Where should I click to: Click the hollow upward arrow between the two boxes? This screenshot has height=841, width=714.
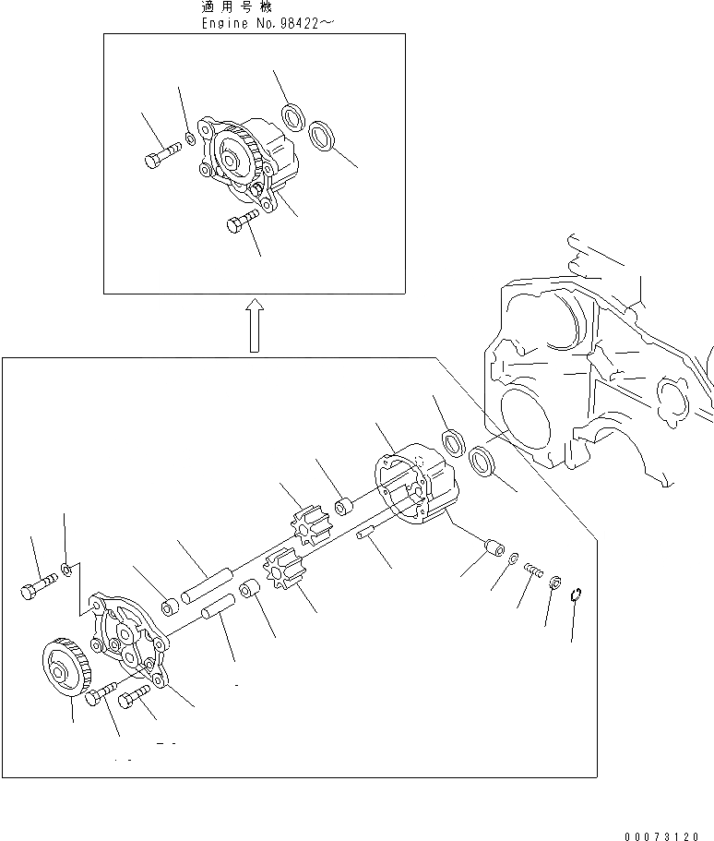(256, 325)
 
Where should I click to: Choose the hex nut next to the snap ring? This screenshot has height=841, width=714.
(555, 583)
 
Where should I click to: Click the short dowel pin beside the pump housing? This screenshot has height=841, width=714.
(364, 534)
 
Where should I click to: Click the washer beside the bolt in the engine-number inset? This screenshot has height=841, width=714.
(190, 138)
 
